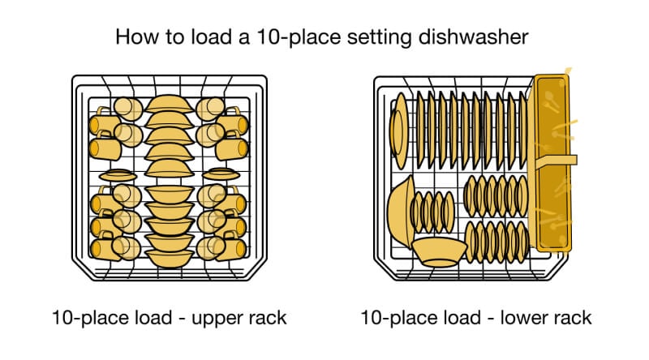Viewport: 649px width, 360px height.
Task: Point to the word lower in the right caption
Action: coord(516,317)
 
